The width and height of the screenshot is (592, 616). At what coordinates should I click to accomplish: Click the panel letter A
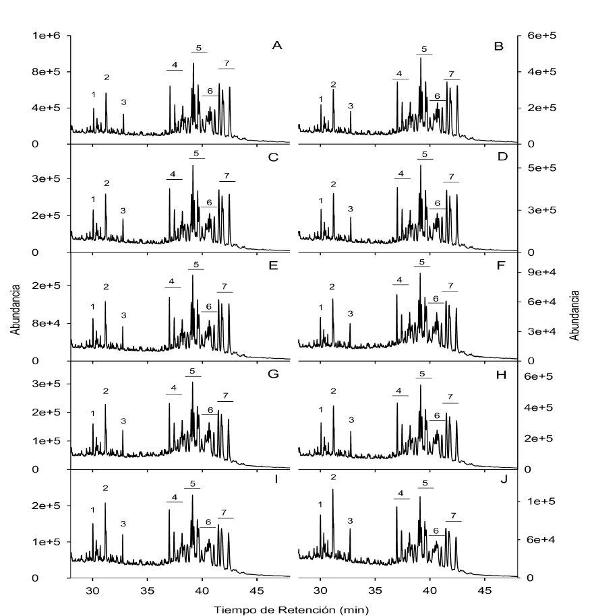(x=276, y=46)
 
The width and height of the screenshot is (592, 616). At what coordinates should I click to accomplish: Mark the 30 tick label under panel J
(x=321, y=590)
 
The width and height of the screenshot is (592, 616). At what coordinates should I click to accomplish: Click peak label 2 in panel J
(x=332, y=477)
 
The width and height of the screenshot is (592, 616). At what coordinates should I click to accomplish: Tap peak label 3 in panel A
(x=123, y=102)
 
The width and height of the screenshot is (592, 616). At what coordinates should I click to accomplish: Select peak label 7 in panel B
(x=450, y=73)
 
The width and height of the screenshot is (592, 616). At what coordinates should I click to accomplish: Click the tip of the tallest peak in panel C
(x=193, y=166)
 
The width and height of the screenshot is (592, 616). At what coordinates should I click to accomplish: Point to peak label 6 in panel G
(x=210, y=410)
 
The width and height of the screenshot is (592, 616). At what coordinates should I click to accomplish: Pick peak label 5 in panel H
(x=423, y=374)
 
